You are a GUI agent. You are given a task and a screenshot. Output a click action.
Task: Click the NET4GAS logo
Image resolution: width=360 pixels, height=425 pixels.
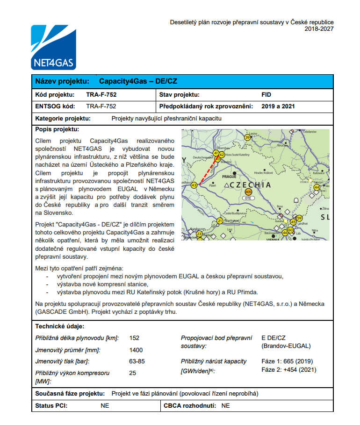tap(53, 47)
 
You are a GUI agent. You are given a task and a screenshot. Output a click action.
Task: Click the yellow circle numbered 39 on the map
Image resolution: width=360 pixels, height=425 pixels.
tap(248, 137)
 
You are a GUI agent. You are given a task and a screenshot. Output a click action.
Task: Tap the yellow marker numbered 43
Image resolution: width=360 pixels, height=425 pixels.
tap(194, 185)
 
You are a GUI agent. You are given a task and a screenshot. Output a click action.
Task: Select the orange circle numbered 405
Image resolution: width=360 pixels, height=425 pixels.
tap(248, 192)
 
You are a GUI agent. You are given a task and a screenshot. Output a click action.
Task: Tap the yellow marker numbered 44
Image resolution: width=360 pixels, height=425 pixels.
tap(317, 187)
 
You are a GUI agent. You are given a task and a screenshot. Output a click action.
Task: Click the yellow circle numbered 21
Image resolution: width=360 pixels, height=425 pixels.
tap(220, 220)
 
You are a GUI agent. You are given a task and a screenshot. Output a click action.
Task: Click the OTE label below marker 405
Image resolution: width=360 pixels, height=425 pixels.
tap(248, 198)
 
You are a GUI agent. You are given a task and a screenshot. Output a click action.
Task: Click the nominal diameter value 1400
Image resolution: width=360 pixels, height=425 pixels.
tap(136, 350)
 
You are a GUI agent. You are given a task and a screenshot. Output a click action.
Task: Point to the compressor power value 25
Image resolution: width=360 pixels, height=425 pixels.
tap(133, 373)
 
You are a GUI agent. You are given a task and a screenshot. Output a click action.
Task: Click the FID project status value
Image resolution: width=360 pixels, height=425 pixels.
tap(266, 95)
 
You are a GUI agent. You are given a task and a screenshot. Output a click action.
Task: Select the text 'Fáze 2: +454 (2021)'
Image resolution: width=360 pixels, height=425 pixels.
tap(289, 370)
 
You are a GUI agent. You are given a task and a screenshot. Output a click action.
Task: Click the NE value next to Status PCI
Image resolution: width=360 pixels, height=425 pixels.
tap(105, 406)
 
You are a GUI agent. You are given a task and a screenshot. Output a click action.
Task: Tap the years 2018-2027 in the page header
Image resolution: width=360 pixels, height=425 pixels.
tap(319, 29)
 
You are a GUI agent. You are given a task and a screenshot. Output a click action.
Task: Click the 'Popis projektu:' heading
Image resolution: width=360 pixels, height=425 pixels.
tap(57, 129)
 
